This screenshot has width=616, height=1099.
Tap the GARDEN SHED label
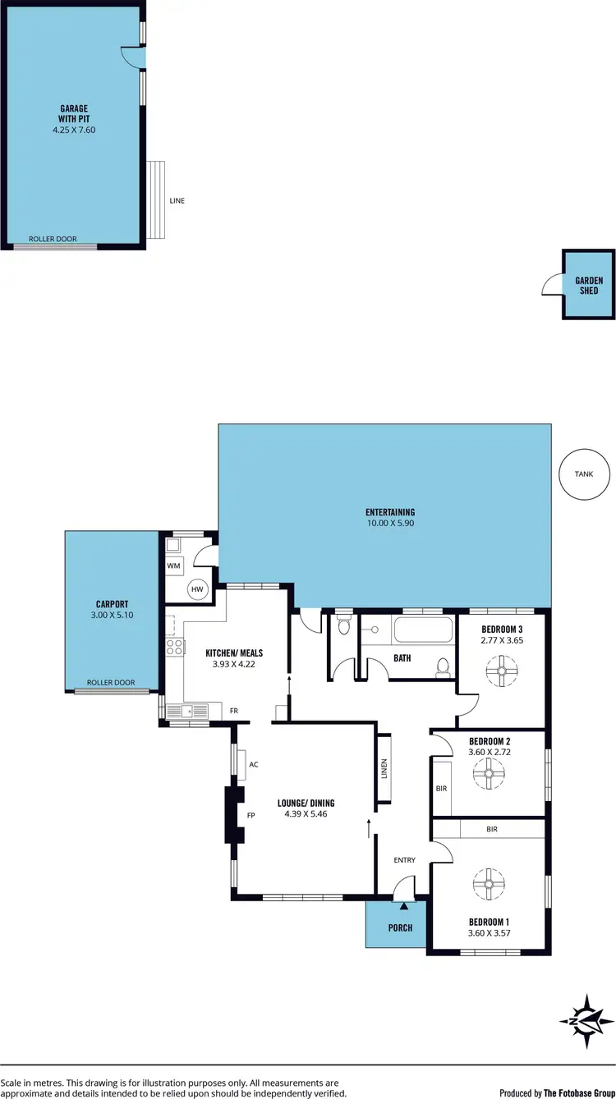coord(589,285)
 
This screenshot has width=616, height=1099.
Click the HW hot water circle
coord(197,588)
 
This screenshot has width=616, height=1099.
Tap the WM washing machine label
coord(173,566)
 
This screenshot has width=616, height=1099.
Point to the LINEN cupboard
coord(384,768)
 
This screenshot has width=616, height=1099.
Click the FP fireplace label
coord(252,816)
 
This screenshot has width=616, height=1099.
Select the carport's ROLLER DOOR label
coord(111,682)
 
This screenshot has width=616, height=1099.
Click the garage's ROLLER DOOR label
coord(53,239)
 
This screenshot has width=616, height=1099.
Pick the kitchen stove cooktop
coord(174,647)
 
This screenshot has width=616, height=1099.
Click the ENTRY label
coord(404,860)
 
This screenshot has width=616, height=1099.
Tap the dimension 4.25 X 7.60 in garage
coord(73,129)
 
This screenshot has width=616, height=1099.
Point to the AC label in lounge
coord(254,764)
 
